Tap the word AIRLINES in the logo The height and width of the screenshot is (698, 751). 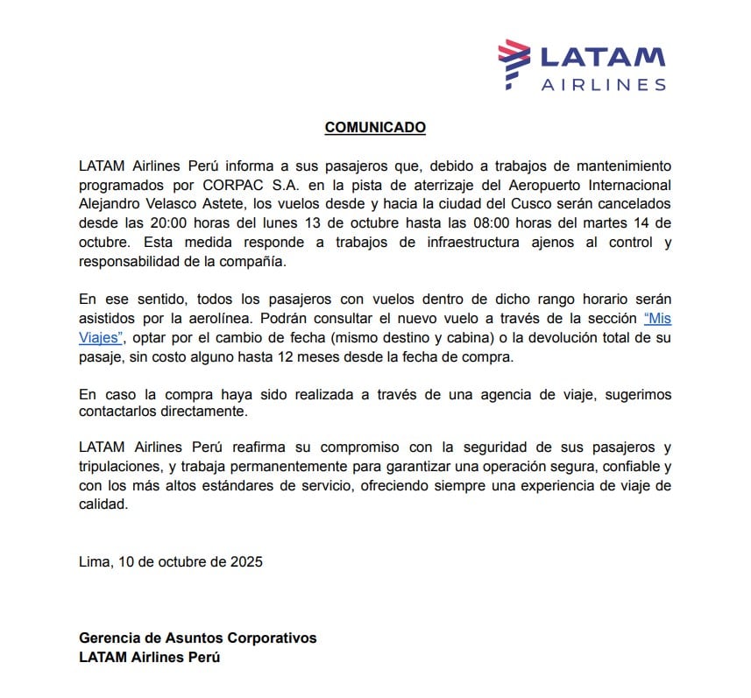point(603,85)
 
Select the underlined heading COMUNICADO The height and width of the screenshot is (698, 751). point(375,127)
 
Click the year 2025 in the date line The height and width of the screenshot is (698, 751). point(245,561)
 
